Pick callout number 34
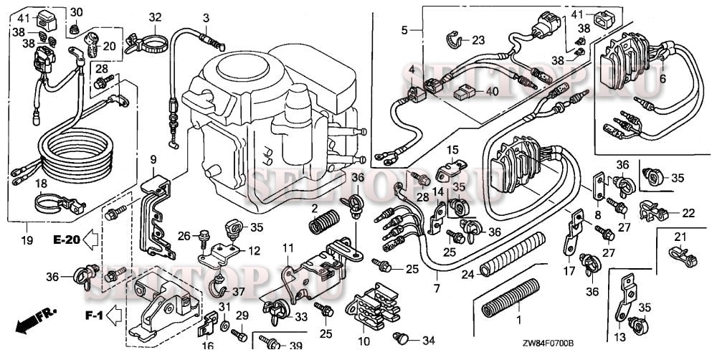point(429,339)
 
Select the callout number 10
point(364,340)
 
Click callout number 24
point(467,274)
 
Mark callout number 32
point(156,17)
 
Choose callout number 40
point(491,92)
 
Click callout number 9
point(153,158)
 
